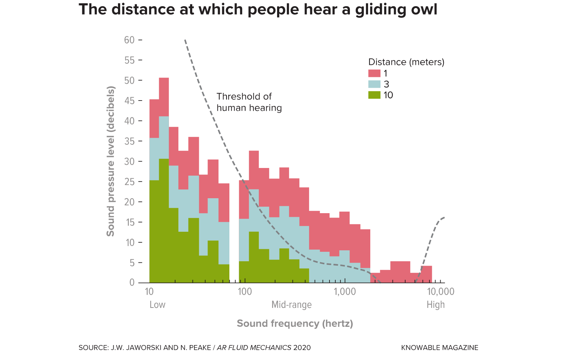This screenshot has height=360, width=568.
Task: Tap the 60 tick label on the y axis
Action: [x=129, y=40]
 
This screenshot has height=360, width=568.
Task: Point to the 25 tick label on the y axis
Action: [x=129, y=181]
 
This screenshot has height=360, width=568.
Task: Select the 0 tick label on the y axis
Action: [x=132, y=283]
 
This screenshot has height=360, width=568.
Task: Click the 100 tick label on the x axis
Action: [x=245, y=291]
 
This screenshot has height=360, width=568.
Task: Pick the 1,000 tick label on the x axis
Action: [x=344, y=291]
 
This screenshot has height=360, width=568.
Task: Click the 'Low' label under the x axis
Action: [x=157, y=305]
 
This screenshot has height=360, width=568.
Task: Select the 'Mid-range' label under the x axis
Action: [x=291, y=305]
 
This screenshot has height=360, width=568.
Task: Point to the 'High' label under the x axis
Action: [x=435, y=305]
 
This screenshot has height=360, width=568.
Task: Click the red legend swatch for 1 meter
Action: [x=374, y=73]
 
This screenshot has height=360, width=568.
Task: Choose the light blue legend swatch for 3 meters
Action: [x=374, y=84]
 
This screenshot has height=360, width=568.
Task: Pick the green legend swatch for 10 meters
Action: [x=374, y=95]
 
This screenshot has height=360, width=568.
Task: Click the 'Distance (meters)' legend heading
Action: [x=406, y=62]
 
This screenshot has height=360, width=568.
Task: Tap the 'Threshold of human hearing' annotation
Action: [x=249, y=102]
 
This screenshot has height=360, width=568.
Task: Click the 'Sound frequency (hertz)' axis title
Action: [x=295, y=324]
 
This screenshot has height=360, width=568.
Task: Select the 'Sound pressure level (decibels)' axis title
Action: [x=110, y=161]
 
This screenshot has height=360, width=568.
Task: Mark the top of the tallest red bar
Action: [x=164, y=78]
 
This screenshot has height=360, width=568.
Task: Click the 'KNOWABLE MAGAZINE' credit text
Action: [x=439, y=348]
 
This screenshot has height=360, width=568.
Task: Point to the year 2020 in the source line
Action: [x=302, y=348]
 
